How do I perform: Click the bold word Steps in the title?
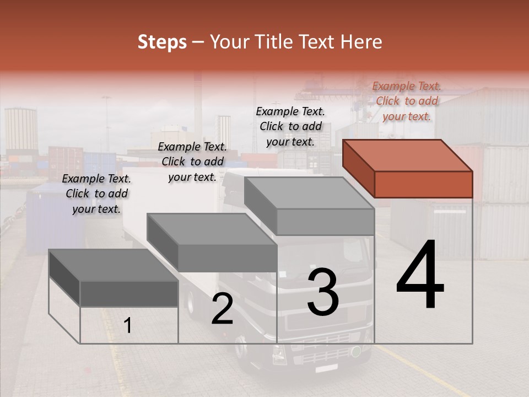tap(162, 42)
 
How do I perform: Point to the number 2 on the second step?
tap(222, 309)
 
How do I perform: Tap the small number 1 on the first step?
tap(127, 326)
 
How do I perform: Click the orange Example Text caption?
tap(407, 101)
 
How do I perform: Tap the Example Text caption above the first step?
tap(96, 194)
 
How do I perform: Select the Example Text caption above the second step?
tap(192, 162)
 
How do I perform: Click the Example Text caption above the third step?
tap(290, 126)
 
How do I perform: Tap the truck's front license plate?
tap(326, 367)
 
